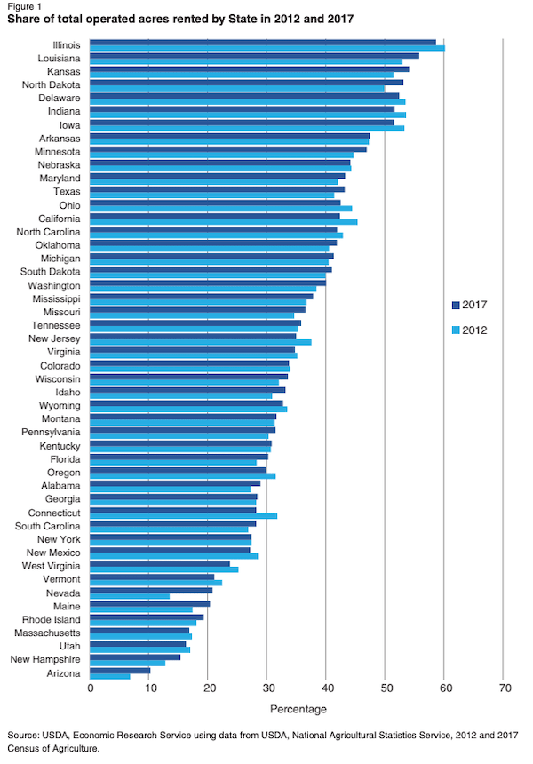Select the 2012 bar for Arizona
tap(110, 676)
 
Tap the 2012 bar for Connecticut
tap(183, 515)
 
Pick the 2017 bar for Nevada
tap(151, 590)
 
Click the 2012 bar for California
tap(223, 221)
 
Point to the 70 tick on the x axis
tap(504, 688)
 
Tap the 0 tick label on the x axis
tap(91, 688)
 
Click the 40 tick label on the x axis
tap(327, 688)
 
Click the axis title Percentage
tap(298, 708)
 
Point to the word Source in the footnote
tap(24, 736)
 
